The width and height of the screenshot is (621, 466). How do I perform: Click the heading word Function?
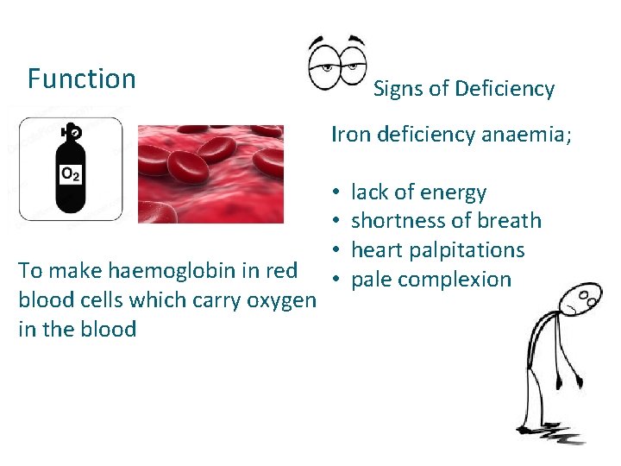coord(82,79)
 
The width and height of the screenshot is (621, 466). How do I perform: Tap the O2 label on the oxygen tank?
coord(71,174)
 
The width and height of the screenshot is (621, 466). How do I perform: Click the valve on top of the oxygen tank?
coord(72,133)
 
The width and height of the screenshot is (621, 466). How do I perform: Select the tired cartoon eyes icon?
coord(337,63)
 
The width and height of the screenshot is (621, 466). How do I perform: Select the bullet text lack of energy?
coord(418,192)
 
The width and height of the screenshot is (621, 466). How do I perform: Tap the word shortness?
coord(395,221)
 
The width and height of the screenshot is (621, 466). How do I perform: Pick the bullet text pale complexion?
coord(431,280)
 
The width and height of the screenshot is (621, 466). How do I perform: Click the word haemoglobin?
coord(163,271)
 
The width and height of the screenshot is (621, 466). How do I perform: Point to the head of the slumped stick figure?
coord(582,299)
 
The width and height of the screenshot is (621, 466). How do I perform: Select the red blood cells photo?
coord(210,173)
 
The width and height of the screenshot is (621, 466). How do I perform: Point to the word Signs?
coord(399,89)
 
